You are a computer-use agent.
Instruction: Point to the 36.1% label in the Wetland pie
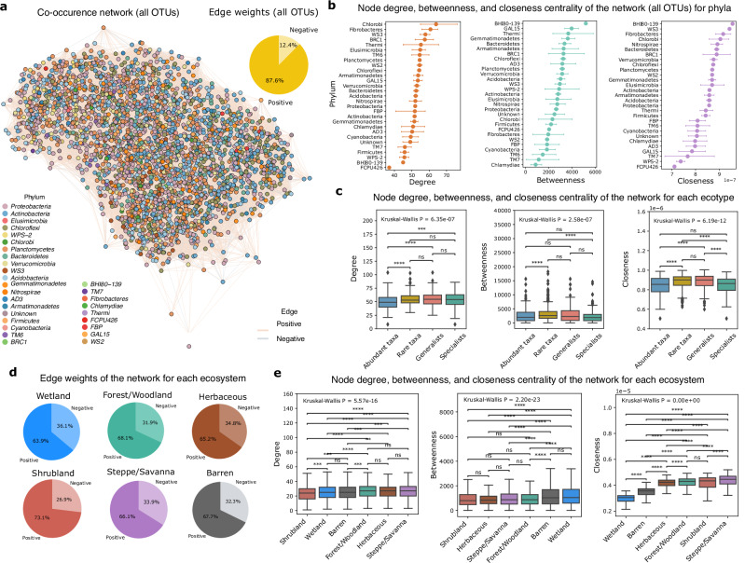89,450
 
